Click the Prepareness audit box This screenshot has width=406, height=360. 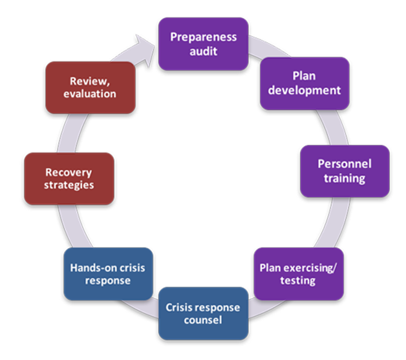[203, 43]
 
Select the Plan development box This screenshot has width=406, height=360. [304, 83]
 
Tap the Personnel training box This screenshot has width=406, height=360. [345, 171]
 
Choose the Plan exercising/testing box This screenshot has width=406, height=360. [297, 273]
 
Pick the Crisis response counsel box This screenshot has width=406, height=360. [203, 313]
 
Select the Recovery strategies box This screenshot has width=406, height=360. [69, 178]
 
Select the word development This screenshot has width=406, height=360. [305, 90]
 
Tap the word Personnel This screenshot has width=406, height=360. [345, 164]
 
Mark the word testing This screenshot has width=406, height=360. [297, 281]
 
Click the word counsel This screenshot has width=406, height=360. [203, 321]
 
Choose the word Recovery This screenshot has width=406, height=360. [69, 172]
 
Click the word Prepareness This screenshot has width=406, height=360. [203, 37]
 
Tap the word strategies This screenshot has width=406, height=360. [69, 185]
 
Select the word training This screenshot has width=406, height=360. [345, 178]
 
